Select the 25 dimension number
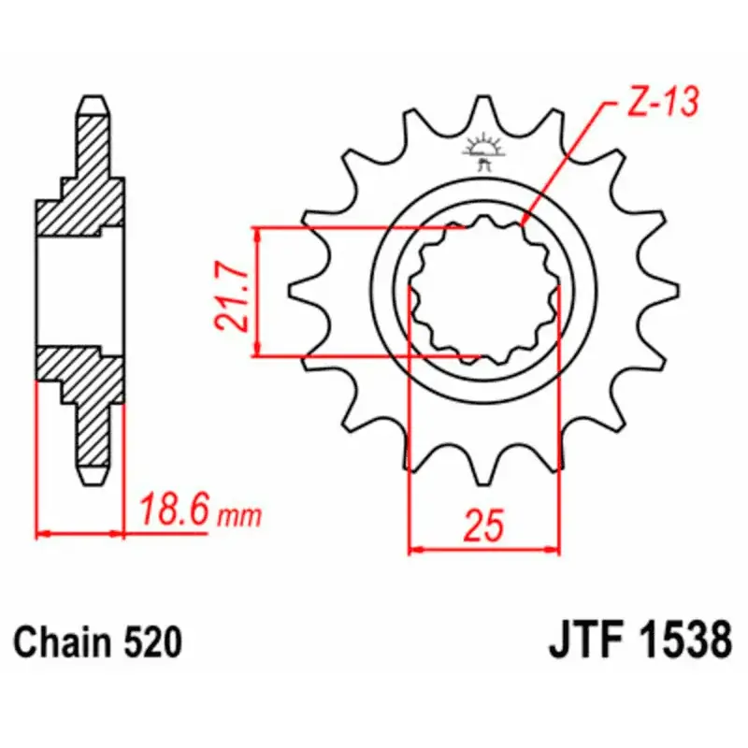pyautogui.click(x=482, y=525)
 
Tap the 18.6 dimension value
pyautogui.click(x=177, y=511)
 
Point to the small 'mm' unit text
pyautogui.click(x=240, y=515)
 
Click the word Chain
pyautogui.click(x=62, y=645)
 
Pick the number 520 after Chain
pyautogui.click(x=150, y=645)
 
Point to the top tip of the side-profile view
pyautogui.click(x=93, y=100)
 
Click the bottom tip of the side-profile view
pyautogui.click(x=93, y=479)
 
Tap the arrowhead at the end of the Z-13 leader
pyautogui.click(x=525, y=222)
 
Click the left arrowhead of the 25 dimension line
pyautogui.click(x=416, y=550)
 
